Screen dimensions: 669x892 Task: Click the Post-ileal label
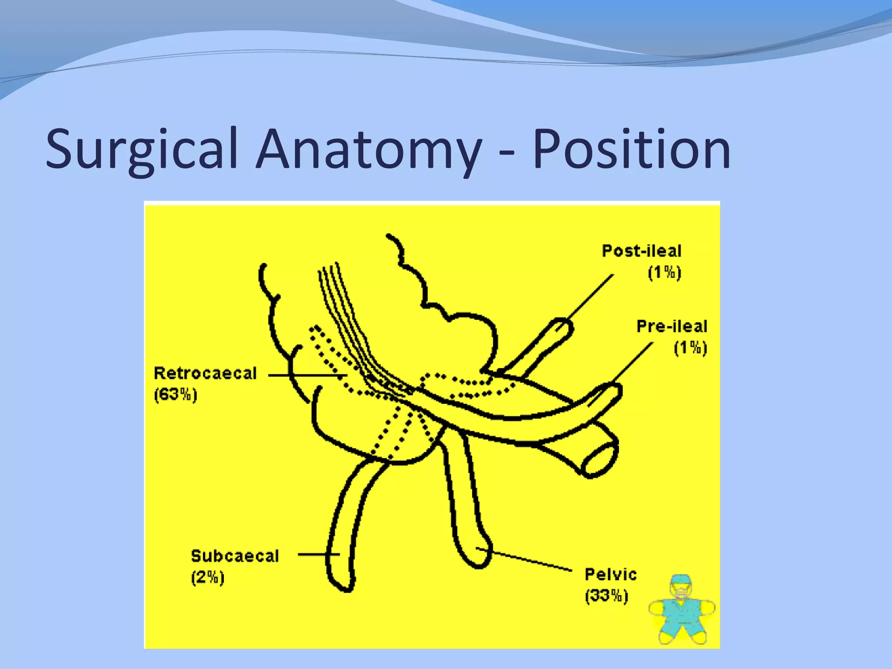click(641, 251)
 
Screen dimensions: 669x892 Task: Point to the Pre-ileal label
click(671, 327)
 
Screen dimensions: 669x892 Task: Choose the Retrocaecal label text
click(205, 374)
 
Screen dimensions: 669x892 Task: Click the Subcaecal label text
click(235, 556)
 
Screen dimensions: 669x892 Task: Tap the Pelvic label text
click(610, 574)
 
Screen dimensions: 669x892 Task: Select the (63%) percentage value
click(176, 395)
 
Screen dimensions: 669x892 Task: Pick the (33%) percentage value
click(606, 596)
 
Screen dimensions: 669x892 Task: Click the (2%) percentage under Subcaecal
click(207, 578)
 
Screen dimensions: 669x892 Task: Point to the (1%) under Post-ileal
click(664, 273)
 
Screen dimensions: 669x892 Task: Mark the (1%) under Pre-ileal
click(690, 348)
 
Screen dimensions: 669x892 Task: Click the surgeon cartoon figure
click(682, 610)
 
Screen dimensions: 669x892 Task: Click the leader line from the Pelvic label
click(527, 559)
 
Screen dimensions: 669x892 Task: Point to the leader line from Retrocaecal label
click(307, 375)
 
